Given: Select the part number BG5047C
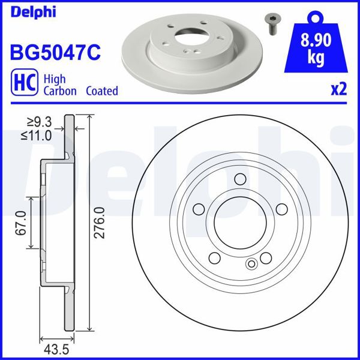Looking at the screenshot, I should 54,51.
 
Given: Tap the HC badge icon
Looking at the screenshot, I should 22,85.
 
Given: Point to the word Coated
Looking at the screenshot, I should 101,91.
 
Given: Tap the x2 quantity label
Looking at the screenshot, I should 338,89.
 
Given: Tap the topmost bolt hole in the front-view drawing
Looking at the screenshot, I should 239,178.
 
